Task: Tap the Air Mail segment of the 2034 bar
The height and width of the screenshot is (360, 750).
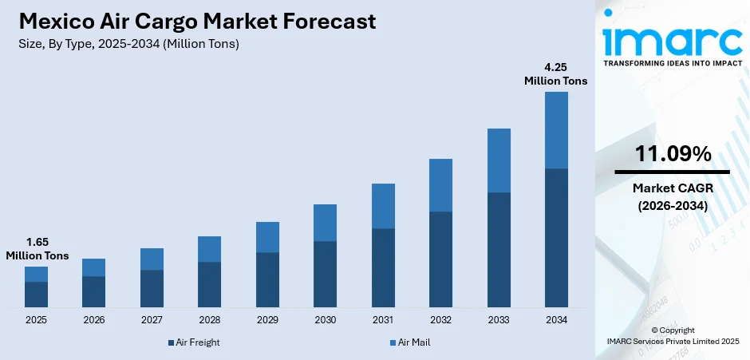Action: [556, 130]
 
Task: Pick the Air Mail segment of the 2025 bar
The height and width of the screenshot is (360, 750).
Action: [36, 274]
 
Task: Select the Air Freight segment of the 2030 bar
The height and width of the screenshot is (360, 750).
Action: [325, 274]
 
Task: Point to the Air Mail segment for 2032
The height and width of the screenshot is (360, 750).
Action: [440, 184]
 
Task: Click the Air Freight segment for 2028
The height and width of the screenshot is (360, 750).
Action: [209, 284]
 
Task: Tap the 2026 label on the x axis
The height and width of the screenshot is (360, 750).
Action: [93, 320]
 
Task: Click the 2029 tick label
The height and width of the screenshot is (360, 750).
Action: [267, 320]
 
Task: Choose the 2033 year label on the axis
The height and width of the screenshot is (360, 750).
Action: [499, 320]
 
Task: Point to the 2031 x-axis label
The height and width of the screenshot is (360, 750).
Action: [383, 320]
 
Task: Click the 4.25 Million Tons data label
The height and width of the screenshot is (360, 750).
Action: [555, 74]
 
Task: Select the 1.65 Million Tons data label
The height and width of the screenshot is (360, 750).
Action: [37, 249]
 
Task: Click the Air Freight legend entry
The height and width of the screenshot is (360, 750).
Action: [194, 342]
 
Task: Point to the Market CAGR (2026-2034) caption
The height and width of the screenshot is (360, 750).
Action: [672, 196]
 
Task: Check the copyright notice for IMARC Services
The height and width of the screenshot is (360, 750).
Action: [672, 335]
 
